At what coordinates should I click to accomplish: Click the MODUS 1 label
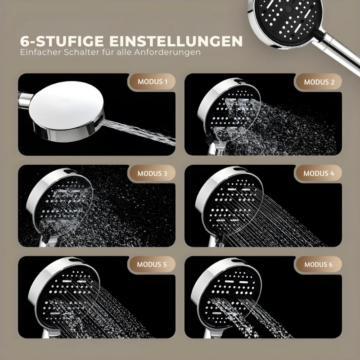tap(153, 82)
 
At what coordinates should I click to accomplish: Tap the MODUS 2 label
tap(319, 82)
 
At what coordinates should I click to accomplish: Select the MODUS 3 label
tap(153, 173)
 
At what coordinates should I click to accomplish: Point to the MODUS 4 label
tap(319, 173)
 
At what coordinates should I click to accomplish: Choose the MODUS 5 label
tap(152, 264)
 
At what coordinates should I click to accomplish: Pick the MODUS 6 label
tap(319, 265)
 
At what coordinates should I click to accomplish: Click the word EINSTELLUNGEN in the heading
tap(176, 41)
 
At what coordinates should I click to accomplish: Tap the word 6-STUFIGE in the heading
tap(62, 41)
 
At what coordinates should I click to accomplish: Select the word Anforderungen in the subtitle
tap(167, 52)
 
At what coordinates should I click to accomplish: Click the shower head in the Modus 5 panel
tap(64, 296)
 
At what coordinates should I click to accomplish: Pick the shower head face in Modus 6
tap(229, 296)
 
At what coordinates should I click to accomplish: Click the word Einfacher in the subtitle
tap(40, 52)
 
